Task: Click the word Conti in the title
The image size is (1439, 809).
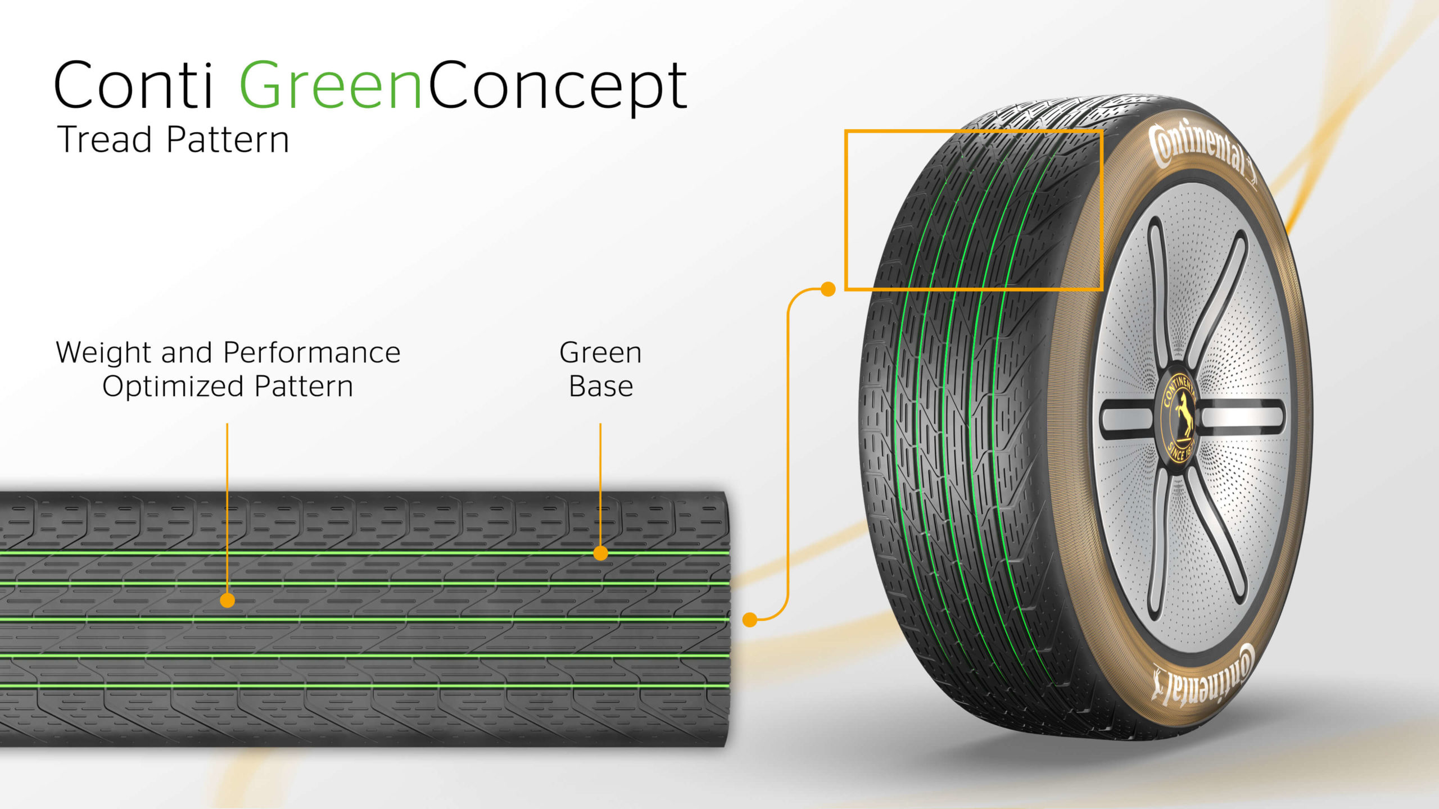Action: tap(134, 85)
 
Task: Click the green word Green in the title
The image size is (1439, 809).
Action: tap(331, 85)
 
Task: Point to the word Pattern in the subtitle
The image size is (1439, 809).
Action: tap(228, 139)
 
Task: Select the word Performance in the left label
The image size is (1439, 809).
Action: tap(311, 353)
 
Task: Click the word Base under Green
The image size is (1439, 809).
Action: tap(601, 387)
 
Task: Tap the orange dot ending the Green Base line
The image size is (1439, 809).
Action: tap(600, 553)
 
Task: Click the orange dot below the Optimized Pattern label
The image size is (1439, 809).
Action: tap(227, 601)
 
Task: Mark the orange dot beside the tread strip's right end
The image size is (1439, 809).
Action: tap(750, 620)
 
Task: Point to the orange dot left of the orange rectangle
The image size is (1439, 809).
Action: tap(828, 289)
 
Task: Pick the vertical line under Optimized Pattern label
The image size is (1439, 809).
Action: tap(227, 506)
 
